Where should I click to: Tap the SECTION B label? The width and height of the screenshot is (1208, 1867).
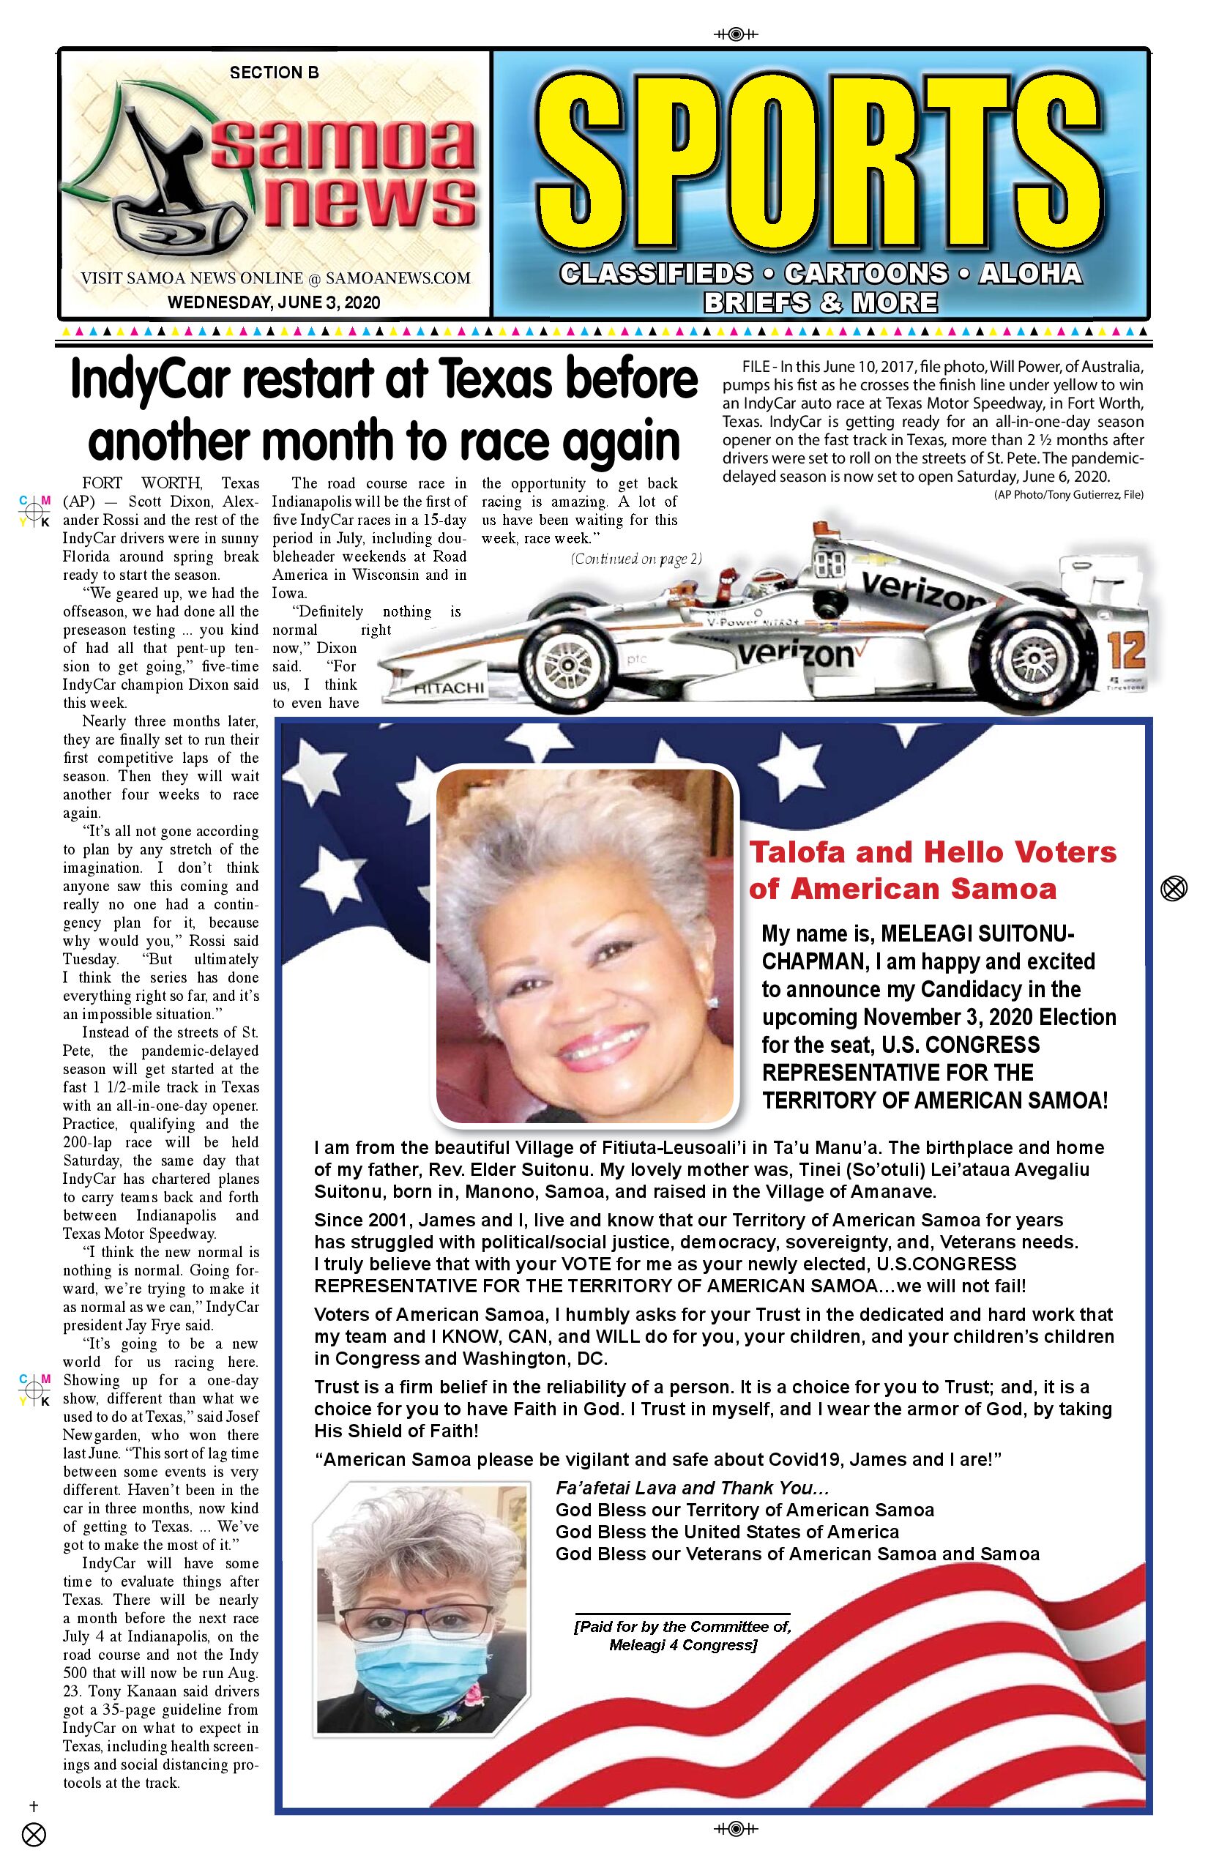coord(274,73)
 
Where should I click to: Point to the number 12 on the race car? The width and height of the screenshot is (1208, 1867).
coord(1126,650)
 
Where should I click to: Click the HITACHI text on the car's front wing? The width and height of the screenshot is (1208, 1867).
coord(450,688)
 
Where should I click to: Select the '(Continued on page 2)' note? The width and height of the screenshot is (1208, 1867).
coord(636,559)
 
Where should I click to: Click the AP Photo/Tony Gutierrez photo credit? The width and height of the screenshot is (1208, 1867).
coord(1068,495)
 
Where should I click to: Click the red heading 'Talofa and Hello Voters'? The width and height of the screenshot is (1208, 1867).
coord(933,852)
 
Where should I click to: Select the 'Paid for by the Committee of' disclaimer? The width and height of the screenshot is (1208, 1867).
coord(682,1627)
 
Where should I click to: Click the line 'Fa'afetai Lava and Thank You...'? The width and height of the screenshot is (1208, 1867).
coord(692,1488)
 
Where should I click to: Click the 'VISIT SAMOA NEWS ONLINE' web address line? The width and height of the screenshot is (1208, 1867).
coord(275,278)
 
